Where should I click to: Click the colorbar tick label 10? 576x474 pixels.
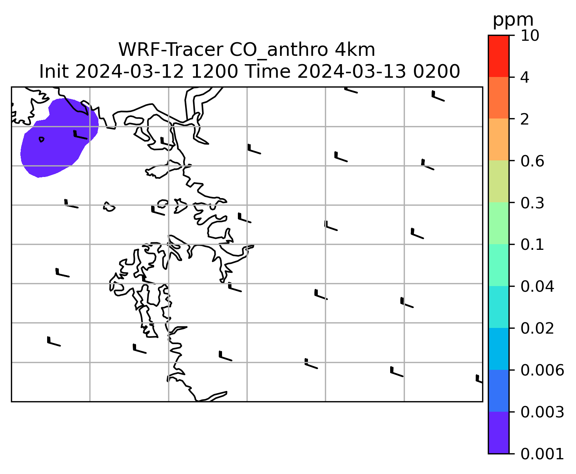coord(530,35)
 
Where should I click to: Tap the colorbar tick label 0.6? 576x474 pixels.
coord(532,161)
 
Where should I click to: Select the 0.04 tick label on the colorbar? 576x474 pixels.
coord(537,286)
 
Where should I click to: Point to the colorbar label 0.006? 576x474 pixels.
coord(542,370)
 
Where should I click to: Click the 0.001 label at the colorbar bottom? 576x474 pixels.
coord(542,454)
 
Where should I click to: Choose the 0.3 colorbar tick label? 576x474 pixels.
coord(532,203)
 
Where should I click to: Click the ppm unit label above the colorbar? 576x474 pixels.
coord(513,20)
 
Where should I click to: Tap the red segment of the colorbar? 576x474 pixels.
coord(498,56)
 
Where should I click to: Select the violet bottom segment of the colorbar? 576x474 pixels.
coord(498,433)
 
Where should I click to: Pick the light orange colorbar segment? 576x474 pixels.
coord(498,139)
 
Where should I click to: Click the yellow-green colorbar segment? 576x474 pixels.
coord(498,181)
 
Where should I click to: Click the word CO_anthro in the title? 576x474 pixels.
coord(279,50)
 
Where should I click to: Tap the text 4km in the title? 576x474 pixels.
coord(355,50)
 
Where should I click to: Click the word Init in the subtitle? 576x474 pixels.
coord(54,72)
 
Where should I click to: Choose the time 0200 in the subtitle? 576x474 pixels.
coord(437,72)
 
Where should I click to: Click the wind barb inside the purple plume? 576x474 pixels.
coord(80,135)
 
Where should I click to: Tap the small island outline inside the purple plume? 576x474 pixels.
coord(41,140)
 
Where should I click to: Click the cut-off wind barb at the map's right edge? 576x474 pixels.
coord(479,379)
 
